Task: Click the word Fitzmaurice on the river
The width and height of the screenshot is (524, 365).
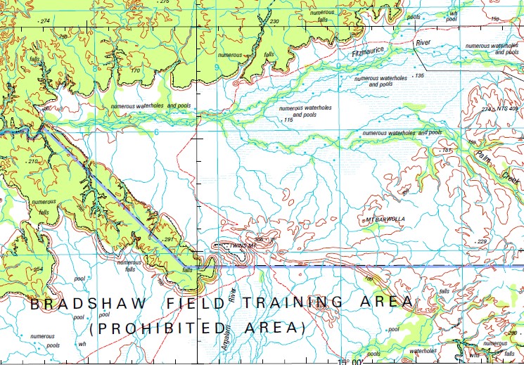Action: tap(369, 51)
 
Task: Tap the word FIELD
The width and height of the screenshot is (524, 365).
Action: tap(193, 303)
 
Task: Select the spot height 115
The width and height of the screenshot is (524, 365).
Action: tap(287, 120)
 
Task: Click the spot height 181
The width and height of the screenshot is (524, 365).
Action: tap(445, 151)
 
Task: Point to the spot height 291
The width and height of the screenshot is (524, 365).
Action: tap(168, 241)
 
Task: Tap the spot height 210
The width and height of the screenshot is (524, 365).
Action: tap(32, 162)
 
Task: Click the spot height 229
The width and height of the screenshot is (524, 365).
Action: tap(482, 241)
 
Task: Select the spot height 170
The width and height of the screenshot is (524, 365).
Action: tap(135, 70)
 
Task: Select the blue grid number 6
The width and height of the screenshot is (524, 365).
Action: tap(156, 132)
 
